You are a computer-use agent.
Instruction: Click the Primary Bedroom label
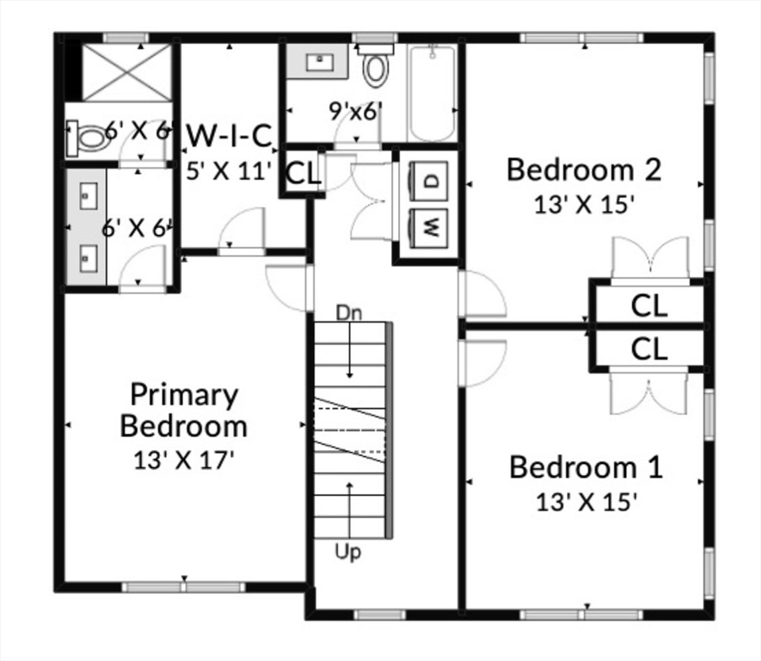click(183, 410)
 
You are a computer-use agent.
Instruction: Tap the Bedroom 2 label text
click(583, 170)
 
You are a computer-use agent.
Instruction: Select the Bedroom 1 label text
click(586, 467)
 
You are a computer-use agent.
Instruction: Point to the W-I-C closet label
click(229, 135)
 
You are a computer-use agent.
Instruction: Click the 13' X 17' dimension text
click(183, 460)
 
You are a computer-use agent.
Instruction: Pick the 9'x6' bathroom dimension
click(356, 111)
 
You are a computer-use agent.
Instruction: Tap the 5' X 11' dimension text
click(229, 170)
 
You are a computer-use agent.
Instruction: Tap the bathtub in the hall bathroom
click(432, 93)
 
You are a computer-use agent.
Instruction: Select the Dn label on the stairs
click(349, 312)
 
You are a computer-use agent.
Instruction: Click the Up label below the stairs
click(348, 549)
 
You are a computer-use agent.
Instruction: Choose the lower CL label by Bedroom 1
click(649, 349)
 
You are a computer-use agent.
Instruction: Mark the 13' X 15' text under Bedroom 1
click(586, 502)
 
